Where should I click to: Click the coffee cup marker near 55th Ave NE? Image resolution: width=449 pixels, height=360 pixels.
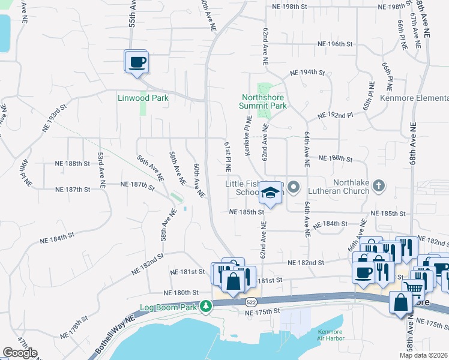tap(137, 62)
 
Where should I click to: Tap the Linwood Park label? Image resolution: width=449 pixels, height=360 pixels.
tap(142, 97)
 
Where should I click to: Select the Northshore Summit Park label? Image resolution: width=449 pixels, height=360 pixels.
tap(264, 101)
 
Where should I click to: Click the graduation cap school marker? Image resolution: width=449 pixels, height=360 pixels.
tap(270, 193)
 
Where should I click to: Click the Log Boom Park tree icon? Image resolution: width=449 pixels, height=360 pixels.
tap(206, 307)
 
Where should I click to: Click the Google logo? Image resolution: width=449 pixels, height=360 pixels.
tap(20, 353)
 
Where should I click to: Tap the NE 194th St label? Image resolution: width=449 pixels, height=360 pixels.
tap(307, 72)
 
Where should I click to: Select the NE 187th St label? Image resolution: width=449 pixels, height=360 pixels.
tap(72, 189)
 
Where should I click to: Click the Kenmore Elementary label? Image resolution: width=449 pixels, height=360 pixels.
tap(418, 98)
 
